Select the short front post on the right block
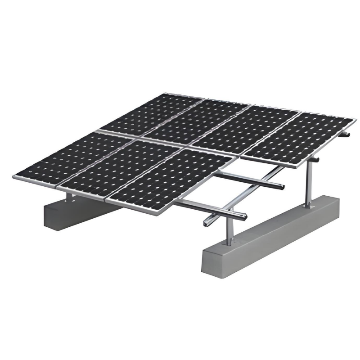coord(229,234)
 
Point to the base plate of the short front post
coord(229,244)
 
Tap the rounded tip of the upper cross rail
coord(282,186)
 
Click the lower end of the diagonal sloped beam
coord(207,222)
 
